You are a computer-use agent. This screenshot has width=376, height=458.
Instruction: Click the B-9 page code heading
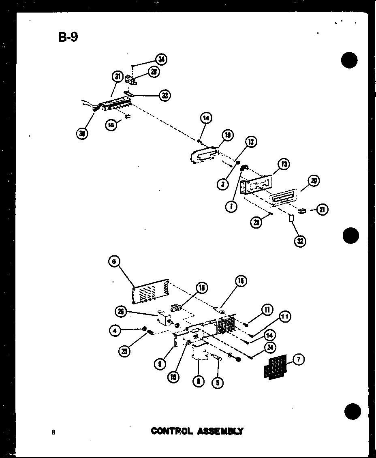68,37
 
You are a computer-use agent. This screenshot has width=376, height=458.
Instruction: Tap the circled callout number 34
161,60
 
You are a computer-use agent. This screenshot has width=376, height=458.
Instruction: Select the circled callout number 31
118,77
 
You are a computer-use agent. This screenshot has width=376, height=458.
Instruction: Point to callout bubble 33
164,95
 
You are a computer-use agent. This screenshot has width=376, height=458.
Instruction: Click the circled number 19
227,135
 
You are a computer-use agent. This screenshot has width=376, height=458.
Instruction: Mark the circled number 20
313,181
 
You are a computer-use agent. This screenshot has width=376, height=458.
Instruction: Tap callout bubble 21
322,210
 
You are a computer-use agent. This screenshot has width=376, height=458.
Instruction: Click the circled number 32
299,241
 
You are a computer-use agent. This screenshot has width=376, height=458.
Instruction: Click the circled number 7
298,360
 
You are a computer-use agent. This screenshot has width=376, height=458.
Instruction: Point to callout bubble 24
270,347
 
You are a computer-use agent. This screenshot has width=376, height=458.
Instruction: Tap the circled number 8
198,381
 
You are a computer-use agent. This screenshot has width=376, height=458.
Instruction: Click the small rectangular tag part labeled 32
291,219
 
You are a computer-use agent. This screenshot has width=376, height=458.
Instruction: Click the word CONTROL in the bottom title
171,431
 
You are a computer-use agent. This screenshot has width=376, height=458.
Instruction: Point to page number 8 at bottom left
53,432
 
